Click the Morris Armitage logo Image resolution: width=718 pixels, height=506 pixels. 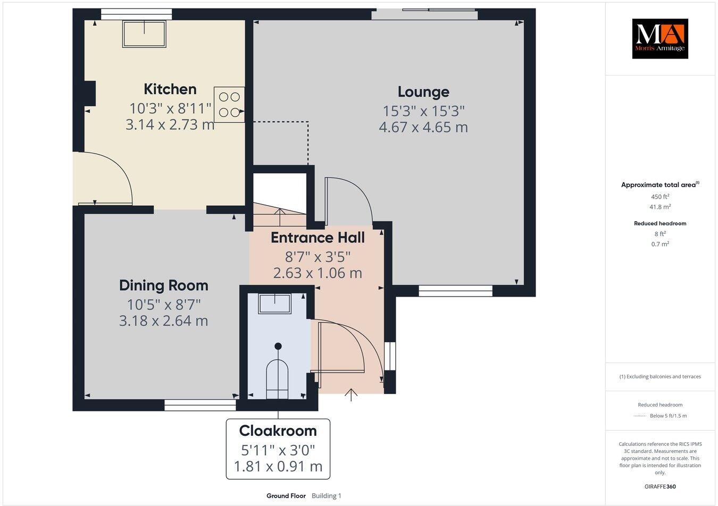659,38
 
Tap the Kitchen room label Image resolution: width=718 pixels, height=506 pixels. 170,89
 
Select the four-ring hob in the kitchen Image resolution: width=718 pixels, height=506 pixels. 229,105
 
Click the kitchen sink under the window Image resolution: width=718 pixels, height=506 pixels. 145,33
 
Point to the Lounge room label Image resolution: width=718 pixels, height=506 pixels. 423,92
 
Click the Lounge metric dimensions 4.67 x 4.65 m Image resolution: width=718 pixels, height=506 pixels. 423,128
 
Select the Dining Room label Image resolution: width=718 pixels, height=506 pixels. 163,285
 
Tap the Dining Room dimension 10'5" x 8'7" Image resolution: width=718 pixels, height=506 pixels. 163,305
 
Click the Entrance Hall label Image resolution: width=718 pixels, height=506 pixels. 318,238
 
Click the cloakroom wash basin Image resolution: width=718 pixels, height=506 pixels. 274,305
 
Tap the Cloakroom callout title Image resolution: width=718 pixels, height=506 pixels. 278,431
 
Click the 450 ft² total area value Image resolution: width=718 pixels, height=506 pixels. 659,197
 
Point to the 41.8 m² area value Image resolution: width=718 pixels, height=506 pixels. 659,207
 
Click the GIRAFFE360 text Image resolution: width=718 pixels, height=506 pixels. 659,486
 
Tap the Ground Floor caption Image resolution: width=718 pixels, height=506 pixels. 286,496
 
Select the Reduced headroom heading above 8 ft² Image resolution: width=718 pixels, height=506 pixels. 659,223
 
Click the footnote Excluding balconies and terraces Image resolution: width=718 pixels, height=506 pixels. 659,377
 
